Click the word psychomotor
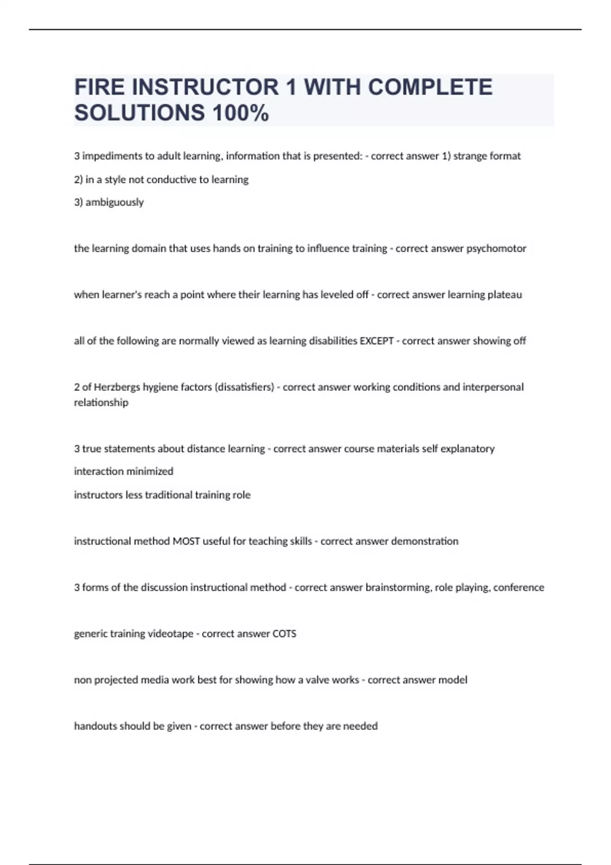pyautogui.click(x=496, y=248)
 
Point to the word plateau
pyautogui.click(x=505, y=295)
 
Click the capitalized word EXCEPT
pyautogui.click(x=377, y=341)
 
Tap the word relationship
pyautogui.click(x=101, y=402)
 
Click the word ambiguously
pyautogui.click(x=115, y=202)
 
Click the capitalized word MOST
pyautogui.click(x=186, y=541)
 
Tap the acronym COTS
pyautogui.click(x=284, y=634)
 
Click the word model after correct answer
pyautogui.click(x=453, y=680)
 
